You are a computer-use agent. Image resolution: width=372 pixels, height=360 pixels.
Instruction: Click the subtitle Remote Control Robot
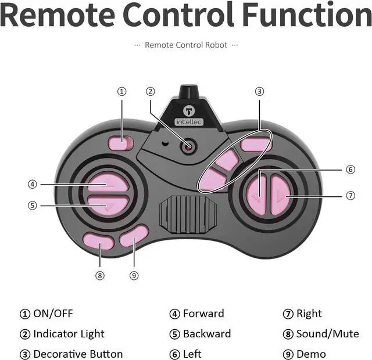click(186, 45)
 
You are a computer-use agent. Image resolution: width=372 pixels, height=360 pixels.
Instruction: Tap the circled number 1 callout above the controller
click(121, 91)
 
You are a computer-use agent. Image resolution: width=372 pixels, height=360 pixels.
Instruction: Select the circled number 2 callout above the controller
click(150, 91)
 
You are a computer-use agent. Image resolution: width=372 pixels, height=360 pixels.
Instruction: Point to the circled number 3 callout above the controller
click(259, 91)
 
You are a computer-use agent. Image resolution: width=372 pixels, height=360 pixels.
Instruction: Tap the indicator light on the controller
click(187, 146)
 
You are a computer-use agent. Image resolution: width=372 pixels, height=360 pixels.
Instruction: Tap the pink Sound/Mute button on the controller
click(98, 240)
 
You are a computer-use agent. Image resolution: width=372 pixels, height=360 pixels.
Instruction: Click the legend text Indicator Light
click(69, 334)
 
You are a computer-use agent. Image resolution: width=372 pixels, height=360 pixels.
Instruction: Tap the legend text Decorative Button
click(78, 354)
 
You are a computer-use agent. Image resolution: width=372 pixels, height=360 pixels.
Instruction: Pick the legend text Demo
click(311, 354)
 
